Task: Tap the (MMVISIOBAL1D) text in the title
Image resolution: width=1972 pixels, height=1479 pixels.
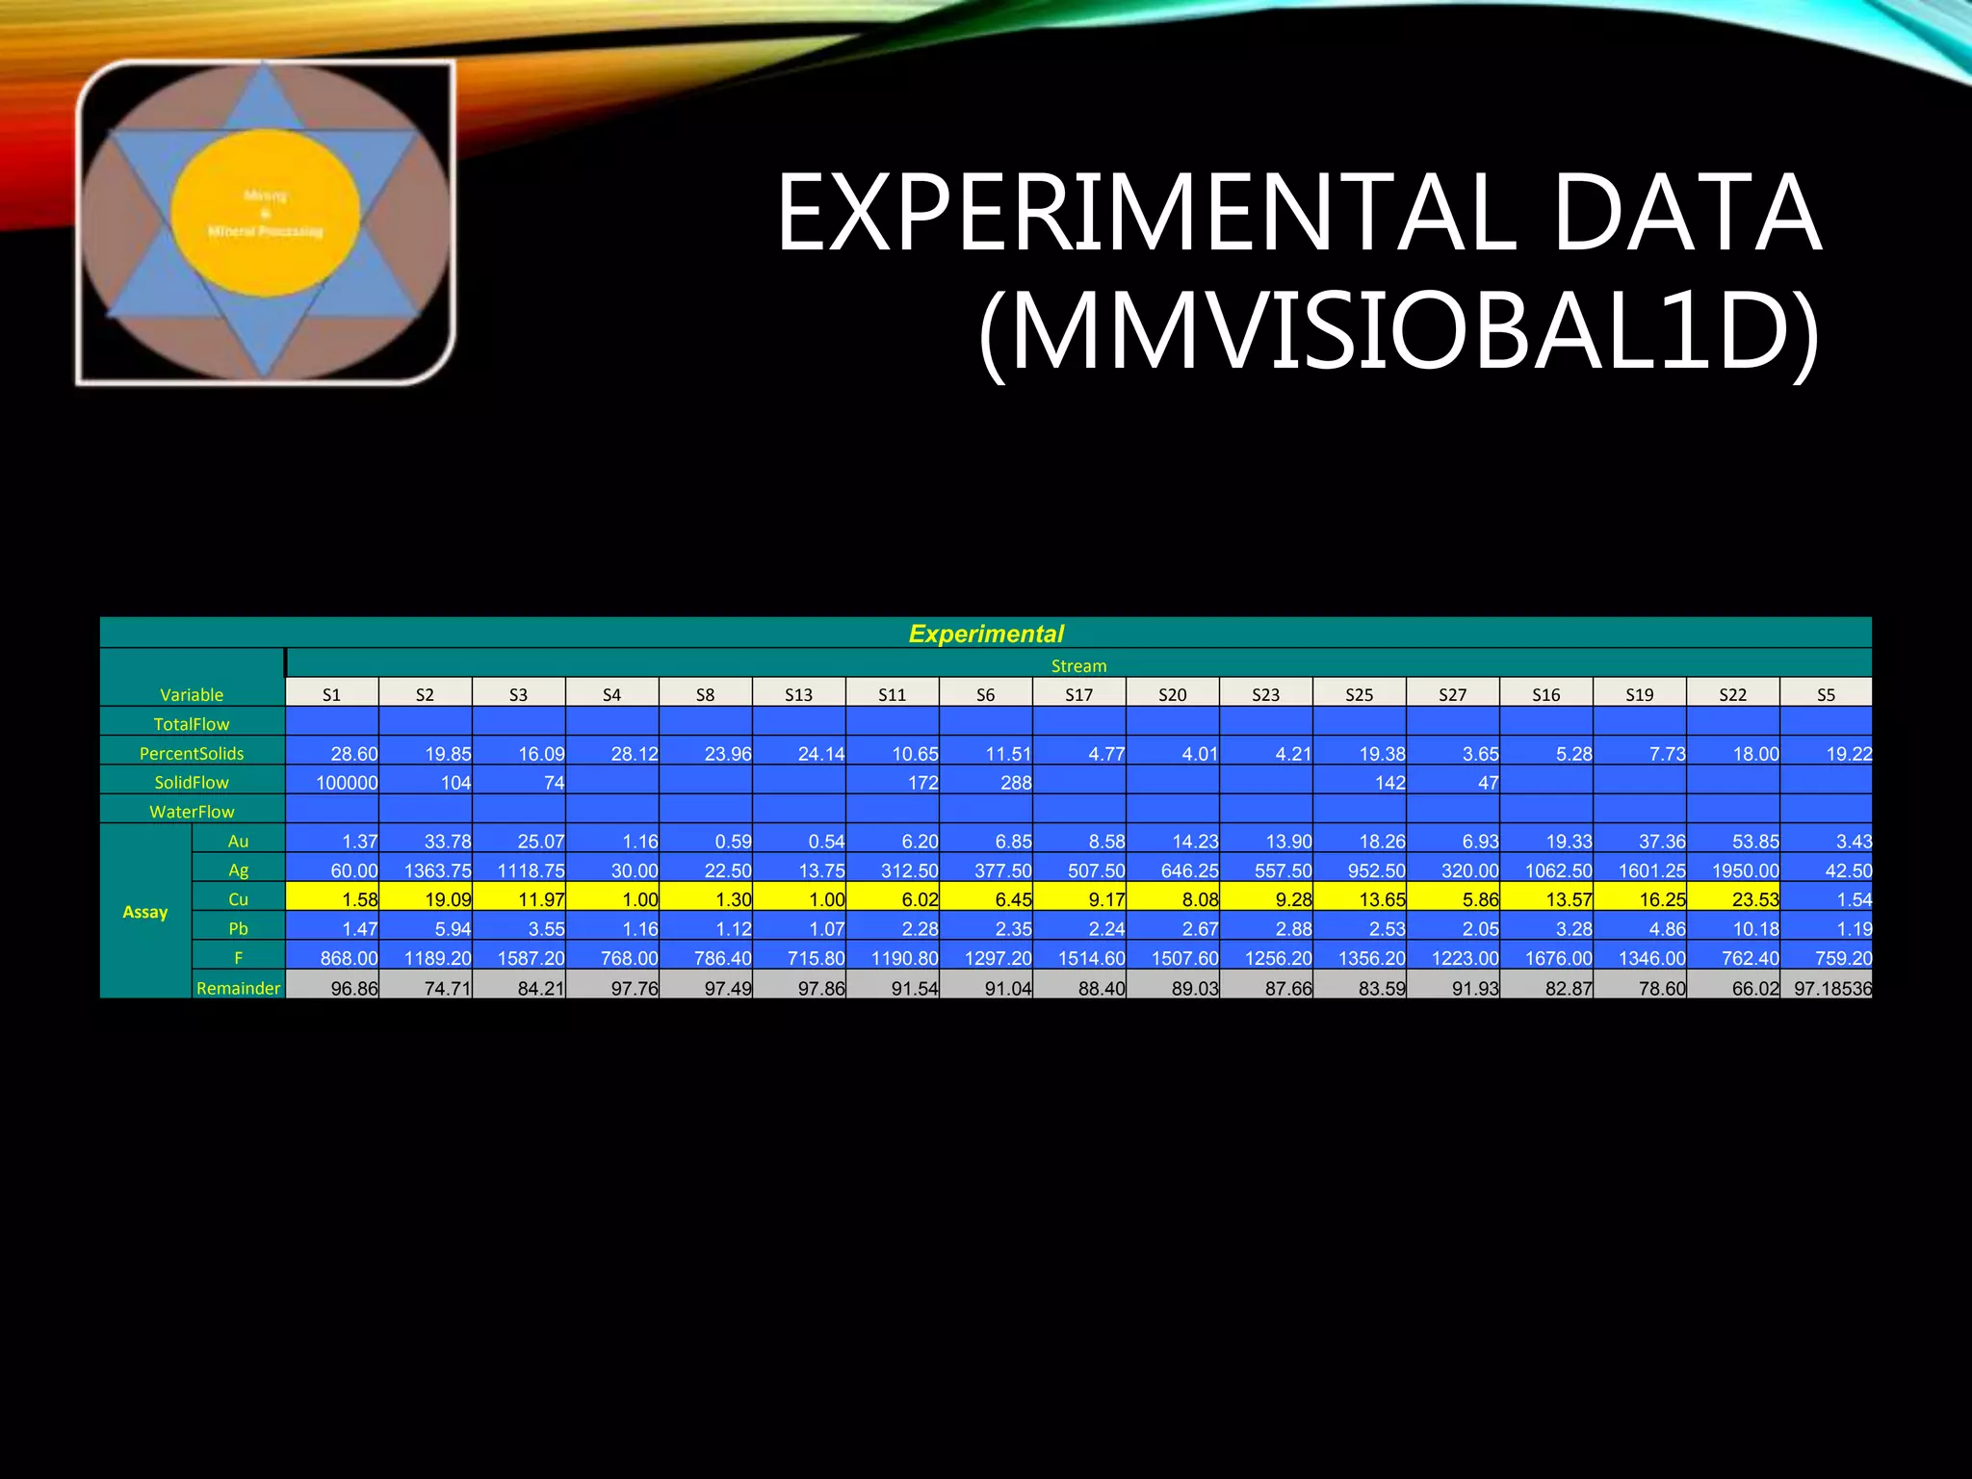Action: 1398,332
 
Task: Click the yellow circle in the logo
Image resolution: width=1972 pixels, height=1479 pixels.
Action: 266,213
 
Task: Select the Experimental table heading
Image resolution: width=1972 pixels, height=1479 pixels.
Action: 986,634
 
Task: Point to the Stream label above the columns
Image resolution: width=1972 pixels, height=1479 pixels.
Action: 1078,666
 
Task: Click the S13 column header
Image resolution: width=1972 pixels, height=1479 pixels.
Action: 798,694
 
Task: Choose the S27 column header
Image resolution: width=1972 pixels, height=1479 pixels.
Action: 1452,694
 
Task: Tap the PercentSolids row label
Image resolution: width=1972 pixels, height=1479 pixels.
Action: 192,753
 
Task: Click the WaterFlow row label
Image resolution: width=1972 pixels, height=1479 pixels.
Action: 192,812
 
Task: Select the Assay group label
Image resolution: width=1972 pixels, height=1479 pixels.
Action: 145,912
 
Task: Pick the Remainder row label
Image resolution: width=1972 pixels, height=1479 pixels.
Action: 238,988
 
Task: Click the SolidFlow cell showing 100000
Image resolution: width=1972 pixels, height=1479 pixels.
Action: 332,783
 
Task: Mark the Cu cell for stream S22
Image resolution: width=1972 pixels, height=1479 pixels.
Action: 1733,899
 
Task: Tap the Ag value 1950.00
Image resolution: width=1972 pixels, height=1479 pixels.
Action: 1733,870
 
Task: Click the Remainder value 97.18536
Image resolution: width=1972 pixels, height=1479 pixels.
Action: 1827,988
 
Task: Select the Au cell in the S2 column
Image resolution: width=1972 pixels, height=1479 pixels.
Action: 426,842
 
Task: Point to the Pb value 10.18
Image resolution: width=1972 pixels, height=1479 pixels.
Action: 1733,929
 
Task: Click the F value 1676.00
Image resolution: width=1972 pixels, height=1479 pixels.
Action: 1545,958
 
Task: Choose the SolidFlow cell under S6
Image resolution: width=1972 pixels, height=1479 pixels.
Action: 986,783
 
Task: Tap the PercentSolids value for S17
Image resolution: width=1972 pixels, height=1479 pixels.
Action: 1079,754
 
